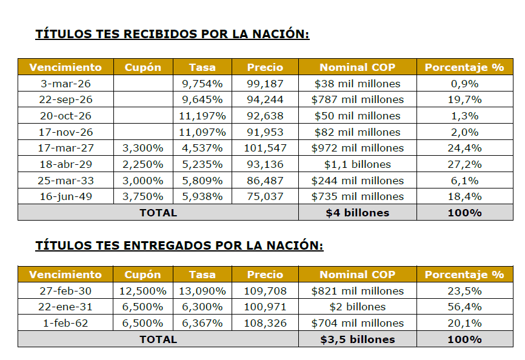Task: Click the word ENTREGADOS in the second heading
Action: point(167,245)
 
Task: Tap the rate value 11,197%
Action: point(202,116)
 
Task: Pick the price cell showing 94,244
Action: point(266,99)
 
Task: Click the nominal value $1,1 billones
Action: point(358,164)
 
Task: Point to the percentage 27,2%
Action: point(464,164)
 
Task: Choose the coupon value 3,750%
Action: point(143,196)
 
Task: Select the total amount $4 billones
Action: point(358,213)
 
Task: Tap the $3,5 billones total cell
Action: point(358,339)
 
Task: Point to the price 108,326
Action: point(266,323)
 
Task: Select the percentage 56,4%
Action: point(464,307)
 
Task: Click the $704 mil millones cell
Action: point(358,323)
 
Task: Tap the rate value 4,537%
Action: point(202,148)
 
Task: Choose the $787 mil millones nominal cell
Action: point(358,99)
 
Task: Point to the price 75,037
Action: point(266,196)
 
